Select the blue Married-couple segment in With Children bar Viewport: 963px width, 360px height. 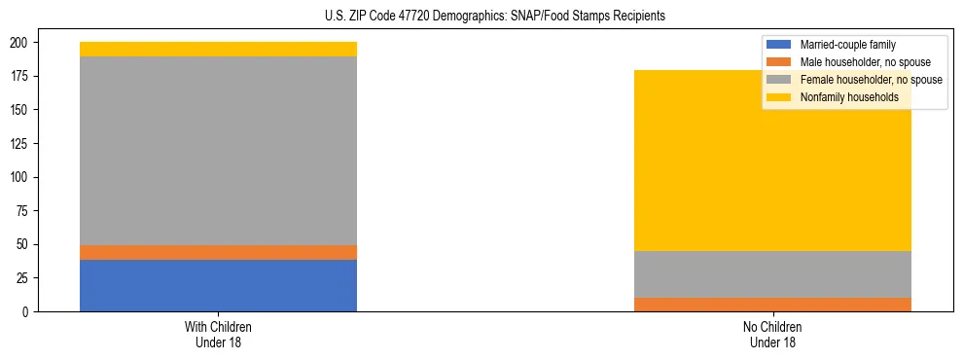[218, 285]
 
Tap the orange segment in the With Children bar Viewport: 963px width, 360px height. [218, 252]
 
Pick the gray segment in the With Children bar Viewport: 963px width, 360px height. [218, 151]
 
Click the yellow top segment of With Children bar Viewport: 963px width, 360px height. [218, 49]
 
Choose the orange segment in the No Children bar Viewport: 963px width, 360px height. [772, 305]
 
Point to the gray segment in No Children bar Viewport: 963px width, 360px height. [772, 274]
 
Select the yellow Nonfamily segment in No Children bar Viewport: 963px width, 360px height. [772, 161]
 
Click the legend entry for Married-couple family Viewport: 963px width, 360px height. [847, 45]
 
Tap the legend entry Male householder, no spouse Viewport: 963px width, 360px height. [860, 62]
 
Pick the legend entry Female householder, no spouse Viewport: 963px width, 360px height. [870, 80]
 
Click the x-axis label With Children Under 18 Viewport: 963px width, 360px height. [218, 334]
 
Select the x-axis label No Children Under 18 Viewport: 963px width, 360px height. [772, 334]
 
